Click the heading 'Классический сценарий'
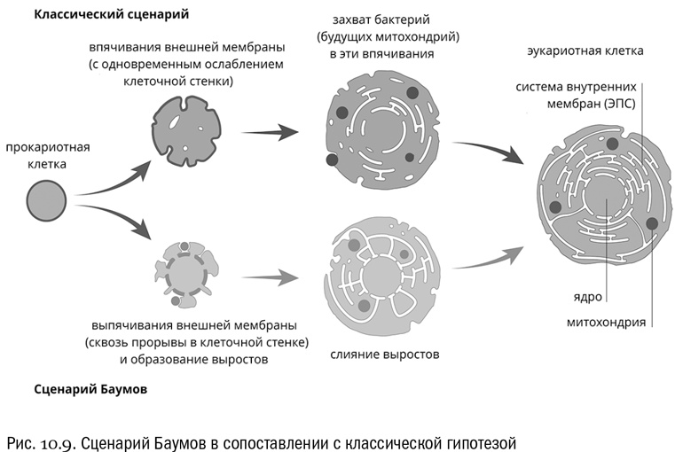coord(112,15)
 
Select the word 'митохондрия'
coord(606,321)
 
